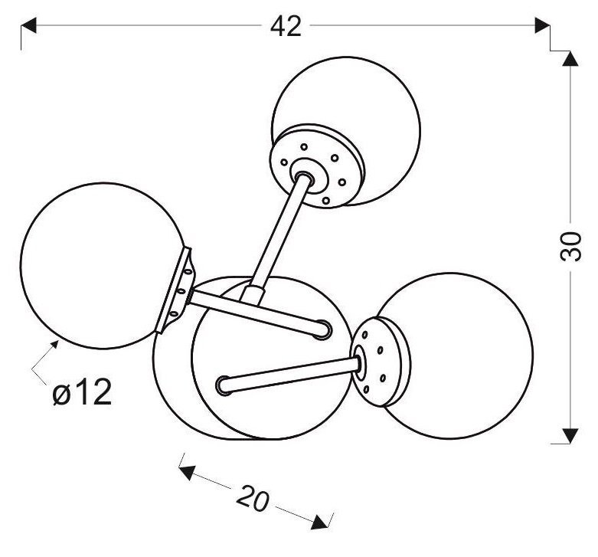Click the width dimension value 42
[286, 27]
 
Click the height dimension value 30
[570, 247]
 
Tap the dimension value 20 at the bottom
[253, 499]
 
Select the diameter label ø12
[83, 392]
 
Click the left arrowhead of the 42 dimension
[28, 25]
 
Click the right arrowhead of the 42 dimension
[542, 25]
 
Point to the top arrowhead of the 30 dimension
[570, 58]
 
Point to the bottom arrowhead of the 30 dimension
[570, 436]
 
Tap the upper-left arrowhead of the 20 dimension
[187, 472]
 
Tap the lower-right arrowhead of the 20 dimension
[319, 522]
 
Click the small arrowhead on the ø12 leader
[54, 344]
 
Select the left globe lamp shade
[103, 266]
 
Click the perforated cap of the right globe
[379, 361]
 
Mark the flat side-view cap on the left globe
[175, 290]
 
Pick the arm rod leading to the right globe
[289, 375]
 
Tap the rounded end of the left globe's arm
[322, 329]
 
